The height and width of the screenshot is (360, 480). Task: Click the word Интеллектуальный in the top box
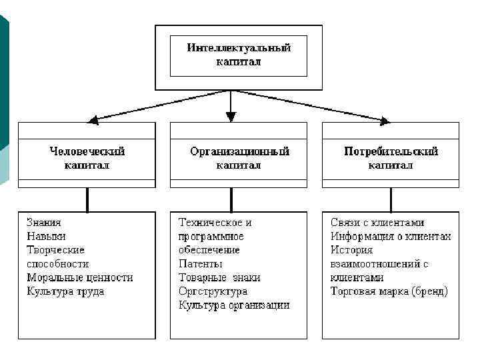click(239, 48)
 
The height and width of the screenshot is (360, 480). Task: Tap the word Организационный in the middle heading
click(239, 151)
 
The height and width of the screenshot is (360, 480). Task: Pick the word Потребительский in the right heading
click(391, 151)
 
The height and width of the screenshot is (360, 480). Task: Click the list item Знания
click(44, 223)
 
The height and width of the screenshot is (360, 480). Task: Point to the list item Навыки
click(46, 236)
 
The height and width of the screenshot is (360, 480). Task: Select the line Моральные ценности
click(80, 277)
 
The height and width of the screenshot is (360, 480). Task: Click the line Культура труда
click(65, 291)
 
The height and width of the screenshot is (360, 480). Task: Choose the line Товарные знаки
click(219, 277)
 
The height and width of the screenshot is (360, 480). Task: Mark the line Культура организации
click(234, 305)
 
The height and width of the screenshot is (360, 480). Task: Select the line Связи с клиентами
click(377, 223)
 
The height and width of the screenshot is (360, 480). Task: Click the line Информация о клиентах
click(391, 236)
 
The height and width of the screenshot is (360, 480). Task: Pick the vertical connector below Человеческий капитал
click(87, 199)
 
